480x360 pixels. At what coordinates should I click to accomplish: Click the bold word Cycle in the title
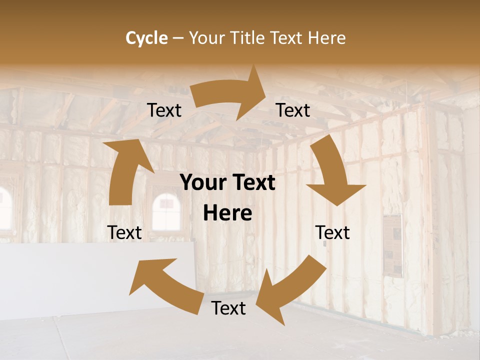tap(146, 38)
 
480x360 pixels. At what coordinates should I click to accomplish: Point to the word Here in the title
tap(327, 38)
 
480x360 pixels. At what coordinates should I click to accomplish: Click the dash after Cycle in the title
tap(177, 38)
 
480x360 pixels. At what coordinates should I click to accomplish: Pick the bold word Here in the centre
tap(227, 213)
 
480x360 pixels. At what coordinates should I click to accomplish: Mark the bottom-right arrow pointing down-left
tap(290, 290)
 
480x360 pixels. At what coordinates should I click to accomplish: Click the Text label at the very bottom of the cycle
tap(228, 308)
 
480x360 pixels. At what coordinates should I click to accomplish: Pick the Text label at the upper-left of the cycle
tap(164, 110)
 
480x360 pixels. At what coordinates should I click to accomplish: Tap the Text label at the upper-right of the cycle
tap(293, 110)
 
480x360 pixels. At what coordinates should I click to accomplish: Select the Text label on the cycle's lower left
tap(124, 232)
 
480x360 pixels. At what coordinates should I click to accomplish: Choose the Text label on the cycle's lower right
tap(332, 232)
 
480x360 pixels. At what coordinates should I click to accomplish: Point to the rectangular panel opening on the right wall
tap(393, 245)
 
